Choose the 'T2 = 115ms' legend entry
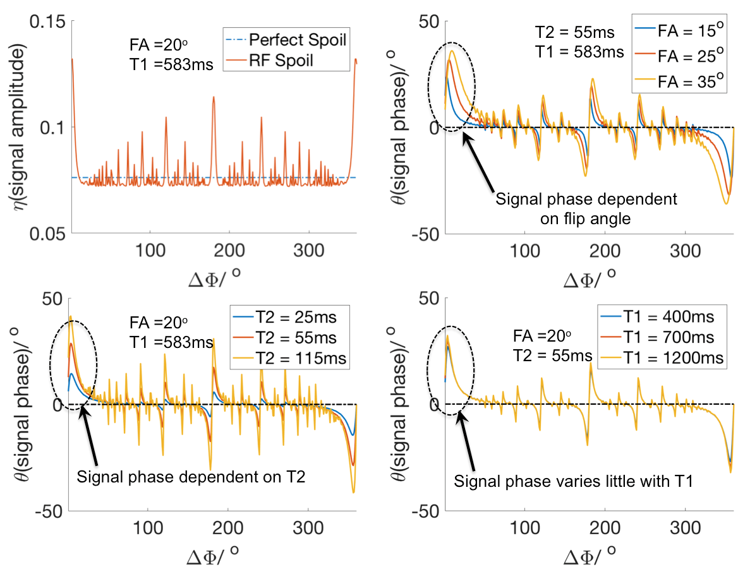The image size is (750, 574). point(306,359)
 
